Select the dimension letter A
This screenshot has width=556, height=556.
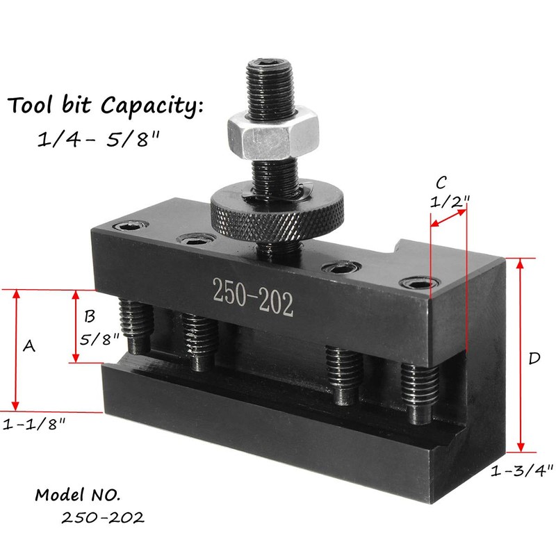29,345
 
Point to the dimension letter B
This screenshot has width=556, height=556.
89,317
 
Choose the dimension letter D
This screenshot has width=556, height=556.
534,359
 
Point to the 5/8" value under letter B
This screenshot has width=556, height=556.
97,341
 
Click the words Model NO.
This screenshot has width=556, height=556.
78,496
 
